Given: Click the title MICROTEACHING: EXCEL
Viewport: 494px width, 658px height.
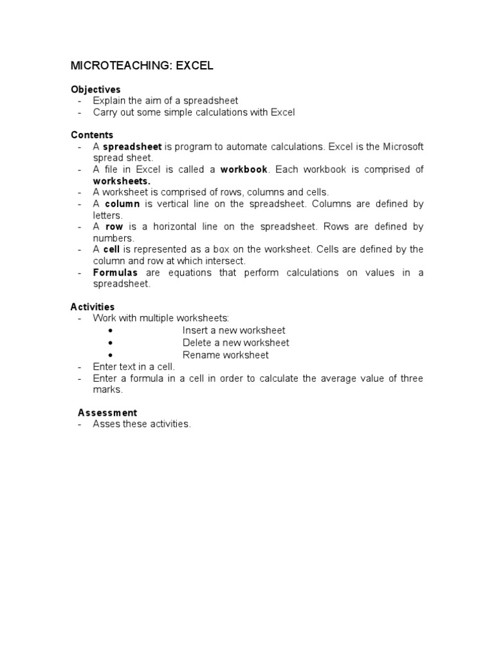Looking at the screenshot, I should pyautogui.click(x=141, y=66).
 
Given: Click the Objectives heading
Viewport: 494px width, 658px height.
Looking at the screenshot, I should pyautogui.click(x=95, y=89).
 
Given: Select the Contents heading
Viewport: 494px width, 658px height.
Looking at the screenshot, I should pyautogui.click(x=92, y=135).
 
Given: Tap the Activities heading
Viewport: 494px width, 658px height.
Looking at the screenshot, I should pyautogui.click(x=93, y=307).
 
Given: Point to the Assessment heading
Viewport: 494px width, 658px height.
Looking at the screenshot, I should pyautogui.click(x=107, y=413).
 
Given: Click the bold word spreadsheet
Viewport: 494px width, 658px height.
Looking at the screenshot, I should pyautogui.click(x=133, y=147).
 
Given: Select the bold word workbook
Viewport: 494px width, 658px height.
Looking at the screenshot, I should pyautogui.click(x=244, y=170).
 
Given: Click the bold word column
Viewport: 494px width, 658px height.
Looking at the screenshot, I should pyautogui.click(x=122, y=204).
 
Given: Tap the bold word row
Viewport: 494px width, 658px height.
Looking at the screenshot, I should pyautogui.click(x=114, y=227).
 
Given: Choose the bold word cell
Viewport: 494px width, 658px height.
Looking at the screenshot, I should pyautogui.click(x=112, y=249).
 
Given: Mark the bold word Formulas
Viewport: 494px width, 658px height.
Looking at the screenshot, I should pyautogui.click(x=116, y=272).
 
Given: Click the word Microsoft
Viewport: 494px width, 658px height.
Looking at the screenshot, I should pyautogui.click(x=403, y=147).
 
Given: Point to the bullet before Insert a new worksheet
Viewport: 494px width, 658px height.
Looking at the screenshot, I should pyautogui.click(x=111, y=331).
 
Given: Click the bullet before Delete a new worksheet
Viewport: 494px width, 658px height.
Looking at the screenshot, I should pyautogui.click(x=111, y=343).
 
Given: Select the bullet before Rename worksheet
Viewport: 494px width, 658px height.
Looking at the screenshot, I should pyautogui.click(x=111, y=355).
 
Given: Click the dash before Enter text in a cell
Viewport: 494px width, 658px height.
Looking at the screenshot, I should pyautogui.click(x=80, y=367).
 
